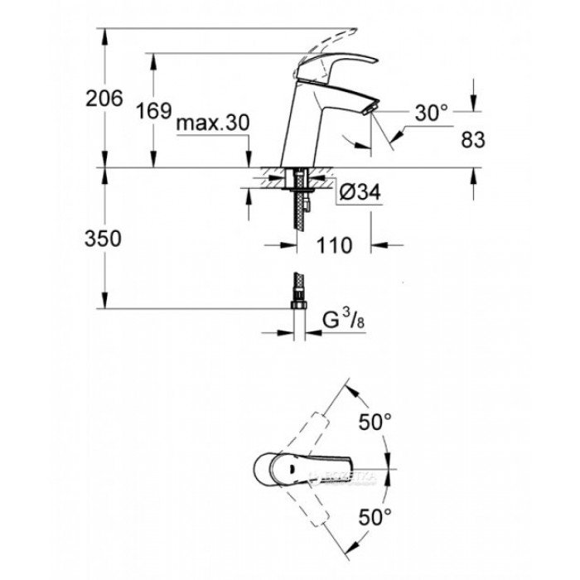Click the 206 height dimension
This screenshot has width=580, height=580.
(104, 99)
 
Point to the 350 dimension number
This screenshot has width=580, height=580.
(104, 239)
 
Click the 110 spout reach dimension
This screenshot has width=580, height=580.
(333, 245)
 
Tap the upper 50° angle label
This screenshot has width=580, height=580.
(375, 422)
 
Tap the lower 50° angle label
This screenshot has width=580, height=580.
(375, 520)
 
